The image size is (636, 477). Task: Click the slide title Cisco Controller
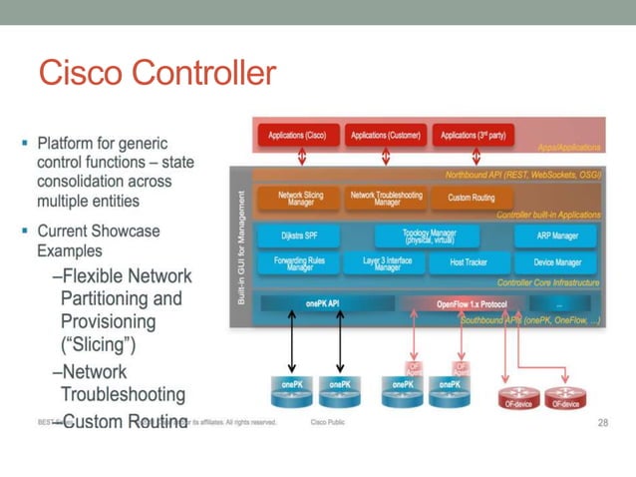coord(156,73)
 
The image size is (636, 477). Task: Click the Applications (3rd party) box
coord(475,135)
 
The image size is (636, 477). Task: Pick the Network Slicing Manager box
coord(298,199)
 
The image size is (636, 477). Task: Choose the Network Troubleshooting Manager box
coord(387,199)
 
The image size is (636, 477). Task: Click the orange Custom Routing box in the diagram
coord(472,199)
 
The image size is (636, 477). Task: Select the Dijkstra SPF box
coord(298,237)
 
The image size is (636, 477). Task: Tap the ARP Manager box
coord(557,237)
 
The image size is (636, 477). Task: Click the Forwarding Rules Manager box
coord(298,264)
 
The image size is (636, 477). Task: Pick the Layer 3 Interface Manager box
coord(387,264)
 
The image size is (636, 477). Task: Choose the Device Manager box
coord(557,264)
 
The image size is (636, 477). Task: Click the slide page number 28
coord(601,422)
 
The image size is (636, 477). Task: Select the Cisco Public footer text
coord(329,422)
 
